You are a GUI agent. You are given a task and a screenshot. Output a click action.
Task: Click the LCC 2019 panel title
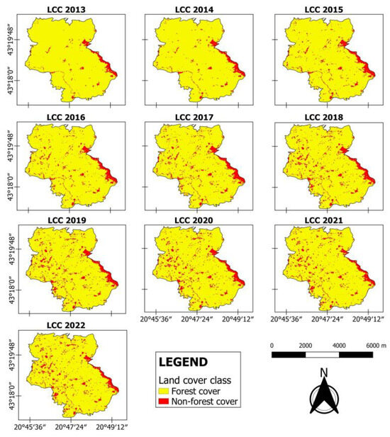[x=69, y=222]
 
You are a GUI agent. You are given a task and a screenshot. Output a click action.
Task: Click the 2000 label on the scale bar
[x=306, y=345]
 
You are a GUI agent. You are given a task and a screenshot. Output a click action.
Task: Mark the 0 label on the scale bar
[x=273, y=345]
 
